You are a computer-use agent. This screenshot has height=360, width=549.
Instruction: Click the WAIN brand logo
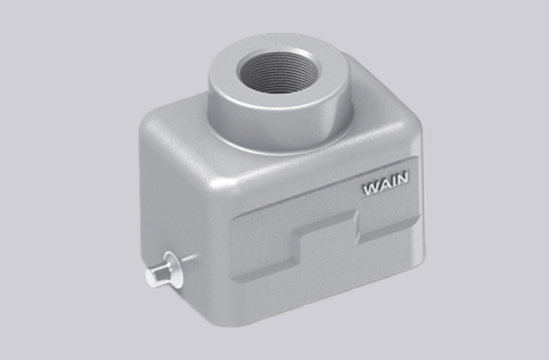click(x=385, y=185)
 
